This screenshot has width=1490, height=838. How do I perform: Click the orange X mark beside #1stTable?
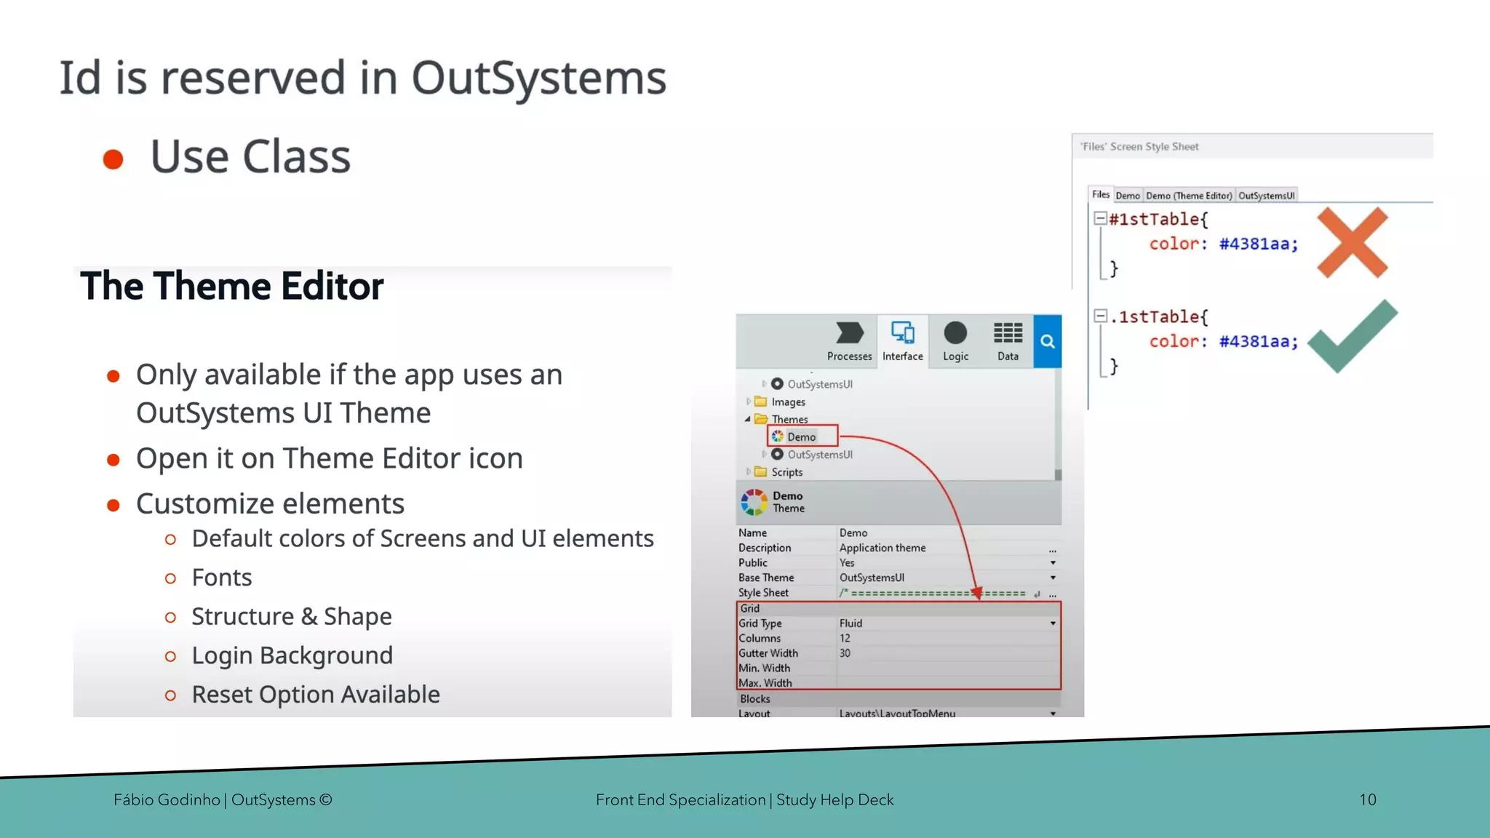1352,242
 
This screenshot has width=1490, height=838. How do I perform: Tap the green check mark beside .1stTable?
1352,338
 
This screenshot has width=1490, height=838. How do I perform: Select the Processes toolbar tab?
849,341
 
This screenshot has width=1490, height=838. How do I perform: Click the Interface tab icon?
903,334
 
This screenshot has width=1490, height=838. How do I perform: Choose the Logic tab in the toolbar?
955,341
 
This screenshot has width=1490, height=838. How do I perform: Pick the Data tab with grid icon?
1008,341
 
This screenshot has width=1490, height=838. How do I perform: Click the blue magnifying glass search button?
1048,341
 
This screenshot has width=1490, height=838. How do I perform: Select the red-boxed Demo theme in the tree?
801,436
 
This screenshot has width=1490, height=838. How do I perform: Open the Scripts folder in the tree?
786,472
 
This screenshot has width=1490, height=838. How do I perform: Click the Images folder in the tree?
788,402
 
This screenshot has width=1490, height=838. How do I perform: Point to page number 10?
1367,799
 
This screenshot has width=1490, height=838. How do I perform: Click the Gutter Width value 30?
845,653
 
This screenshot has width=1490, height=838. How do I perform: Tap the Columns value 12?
845,638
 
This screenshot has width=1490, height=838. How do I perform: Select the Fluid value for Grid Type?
850,623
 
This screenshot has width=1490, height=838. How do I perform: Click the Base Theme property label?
766,578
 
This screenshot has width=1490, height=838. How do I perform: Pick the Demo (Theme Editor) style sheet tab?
1189,196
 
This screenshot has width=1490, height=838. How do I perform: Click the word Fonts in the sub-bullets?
221,578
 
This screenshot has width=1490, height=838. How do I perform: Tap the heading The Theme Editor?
231,286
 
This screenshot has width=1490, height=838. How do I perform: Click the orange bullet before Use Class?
113,159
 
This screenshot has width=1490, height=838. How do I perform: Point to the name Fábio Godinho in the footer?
167,799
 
